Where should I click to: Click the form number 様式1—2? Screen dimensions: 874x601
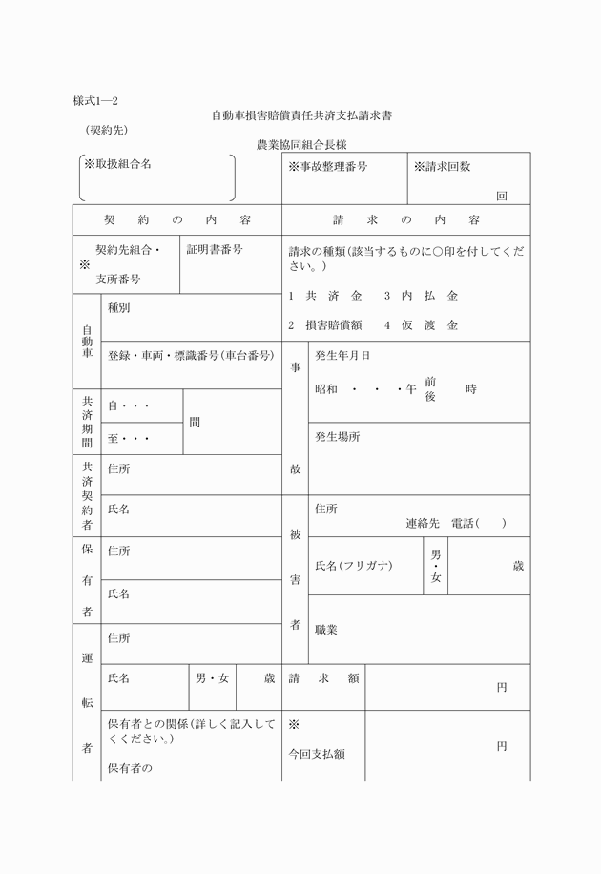pos(95,100)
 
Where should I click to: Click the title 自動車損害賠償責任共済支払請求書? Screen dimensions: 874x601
pos(302,115)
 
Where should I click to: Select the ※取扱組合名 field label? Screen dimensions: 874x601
pos(118,164)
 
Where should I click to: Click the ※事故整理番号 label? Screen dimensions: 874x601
pos(328,167)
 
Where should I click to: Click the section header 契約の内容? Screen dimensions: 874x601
pos(177,219)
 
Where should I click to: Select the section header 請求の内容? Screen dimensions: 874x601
pos(406,219)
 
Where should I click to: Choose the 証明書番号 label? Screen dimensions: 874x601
pos(215,249)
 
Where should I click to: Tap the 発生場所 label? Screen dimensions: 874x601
pos(338,436)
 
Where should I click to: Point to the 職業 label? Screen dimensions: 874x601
pos(326,630)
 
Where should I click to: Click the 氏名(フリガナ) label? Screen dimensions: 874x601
pos(354,566)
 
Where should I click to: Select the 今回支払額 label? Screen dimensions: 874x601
pos(317,754)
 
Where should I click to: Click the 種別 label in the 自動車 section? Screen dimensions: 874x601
pos(119,308)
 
